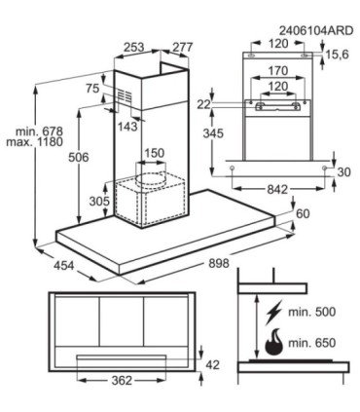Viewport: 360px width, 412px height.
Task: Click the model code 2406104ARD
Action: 316,30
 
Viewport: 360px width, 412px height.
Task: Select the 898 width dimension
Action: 219,263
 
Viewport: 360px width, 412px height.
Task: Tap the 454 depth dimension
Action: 64,266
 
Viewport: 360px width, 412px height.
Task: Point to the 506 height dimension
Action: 79,158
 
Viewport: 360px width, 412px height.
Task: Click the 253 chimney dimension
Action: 134,48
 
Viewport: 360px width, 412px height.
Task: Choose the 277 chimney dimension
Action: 182,48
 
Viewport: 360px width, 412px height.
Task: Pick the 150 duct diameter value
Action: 154,153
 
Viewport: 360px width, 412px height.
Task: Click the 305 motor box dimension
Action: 99,202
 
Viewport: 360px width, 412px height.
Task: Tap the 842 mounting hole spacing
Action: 278,189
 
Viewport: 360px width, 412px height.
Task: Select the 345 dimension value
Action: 213,133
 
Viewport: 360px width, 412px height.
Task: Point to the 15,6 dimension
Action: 338,55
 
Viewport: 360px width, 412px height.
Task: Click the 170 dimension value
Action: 278,70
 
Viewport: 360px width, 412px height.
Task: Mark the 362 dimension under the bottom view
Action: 122,380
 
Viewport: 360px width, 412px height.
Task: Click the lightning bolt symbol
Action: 272,314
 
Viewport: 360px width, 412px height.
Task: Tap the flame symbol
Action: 273,342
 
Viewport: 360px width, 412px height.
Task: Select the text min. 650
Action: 312,343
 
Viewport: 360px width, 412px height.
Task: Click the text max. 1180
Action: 35,141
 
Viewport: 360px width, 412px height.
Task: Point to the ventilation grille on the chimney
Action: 125,96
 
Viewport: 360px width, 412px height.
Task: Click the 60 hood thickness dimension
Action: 303,214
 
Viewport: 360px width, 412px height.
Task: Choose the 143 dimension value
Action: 127,127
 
